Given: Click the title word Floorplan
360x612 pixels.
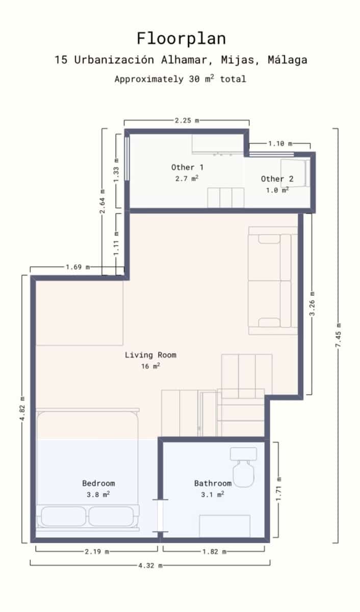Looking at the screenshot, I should (181, 39).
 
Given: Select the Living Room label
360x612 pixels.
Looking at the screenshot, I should (150, 355).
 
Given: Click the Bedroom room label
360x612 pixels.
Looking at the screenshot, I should (98, 483).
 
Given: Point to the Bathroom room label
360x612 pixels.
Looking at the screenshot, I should (213, 483).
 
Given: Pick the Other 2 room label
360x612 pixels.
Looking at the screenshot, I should (277, 178).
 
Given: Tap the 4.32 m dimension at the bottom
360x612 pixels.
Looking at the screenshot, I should (150, 565).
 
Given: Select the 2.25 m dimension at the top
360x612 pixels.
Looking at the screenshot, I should (186, 120).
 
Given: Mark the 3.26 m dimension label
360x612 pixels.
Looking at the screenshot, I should (312, 303).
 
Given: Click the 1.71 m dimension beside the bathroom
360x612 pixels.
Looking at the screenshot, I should (278, 490).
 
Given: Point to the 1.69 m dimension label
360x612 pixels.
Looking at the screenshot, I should (78, 267).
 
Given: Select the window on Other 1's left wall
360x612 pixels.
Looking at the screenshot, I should (127, 158).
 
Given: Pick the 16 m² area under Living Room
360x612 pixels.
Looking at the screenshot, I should (150, 366).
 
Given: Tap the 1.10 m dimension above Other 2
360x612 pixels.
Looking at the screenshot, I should (279, 144).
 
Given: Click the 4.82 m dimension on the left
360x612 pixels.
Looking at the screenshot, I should (22, 409).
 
